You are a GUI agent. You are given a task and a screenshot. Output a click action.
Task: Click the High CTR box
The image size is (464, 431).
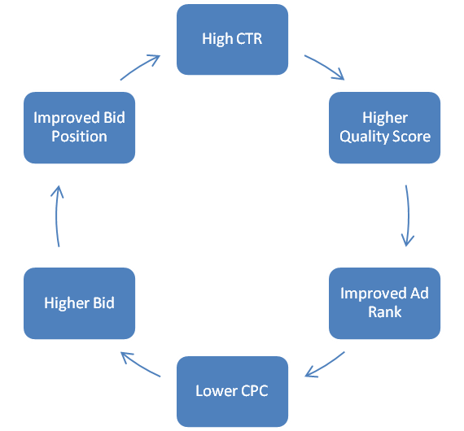pos(232,39)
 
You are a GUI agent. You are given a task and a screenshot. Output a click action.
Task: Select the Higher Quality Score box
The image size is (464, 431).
pos(385,128)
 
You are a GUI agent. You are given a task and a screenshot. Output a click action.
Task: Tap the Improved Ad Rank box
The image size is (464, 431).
pos(385,303)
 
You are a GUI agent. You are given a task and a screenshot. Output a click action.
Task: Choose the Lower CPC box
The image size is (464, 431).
pos(232,391)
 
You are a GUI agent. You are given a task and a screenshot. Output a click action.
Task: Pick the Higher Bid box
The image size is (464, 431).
pos(79,303)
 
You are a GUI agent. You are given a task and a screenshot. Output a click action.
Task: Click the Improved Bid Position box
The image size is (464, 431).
pos(79,128)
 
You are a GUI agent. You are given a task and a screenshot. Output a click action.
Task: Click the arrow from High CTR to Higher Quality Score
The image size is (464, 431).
pos(326,66)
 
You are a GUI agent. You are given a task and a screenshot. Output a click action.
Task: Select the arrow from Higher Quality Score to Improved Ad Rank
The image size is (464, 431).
pos(409,215)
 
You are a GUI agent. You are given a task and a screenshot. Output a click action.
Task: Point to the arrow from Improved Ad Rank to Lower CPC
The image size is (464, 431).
pos(325,365)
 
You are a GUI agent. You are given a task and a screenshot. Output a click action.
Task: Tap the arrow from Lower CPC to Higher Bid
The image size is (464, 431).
pos(140,365)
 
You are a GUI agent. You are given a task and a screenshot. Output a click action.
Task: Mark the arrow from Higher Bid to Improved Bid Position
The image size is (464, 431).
pos(56,215)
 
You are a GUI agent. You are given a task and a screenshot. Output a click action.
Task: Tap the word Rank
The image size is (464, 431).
pos(385,312)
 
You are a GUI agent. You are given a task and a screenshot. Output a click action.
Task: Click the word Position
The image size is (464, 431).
pos(79,137)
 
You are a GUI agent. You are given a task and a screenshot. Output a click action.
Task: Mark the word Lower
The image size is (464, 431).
pos(217,391)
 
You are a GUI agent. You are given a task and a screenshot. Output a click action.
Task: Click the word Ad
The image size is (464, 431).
pos(419,294)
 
